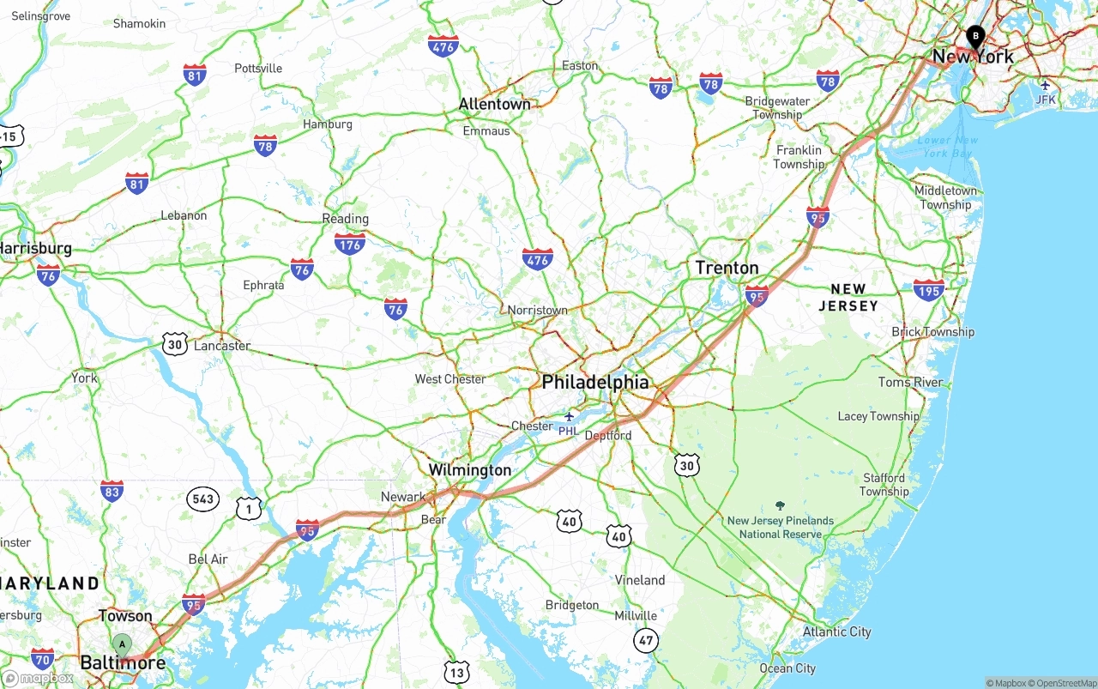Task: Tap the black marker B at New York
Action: [x=974, y=36]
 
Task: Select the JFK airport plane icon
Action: [x=1045, y=85]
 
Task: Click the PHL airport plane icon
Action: [x=569, y=417]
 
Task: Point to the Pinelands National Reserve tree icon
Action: [x=780, y=506]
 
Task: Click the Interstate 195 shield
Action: [x=928, y=289]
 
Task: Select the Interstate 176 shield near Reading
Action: [x=350, y=243]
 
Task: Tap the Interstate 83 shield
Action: [x=112, y=490]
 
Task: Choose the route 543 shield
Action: [x=202, y=499]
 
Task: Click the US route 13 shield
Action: [x=457, y=672]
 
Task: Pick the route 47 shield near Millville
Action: [x=647, y=639]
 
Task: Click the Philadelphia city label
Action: [x=595, y=382]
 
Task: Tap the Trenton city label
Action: [x=727, y=268]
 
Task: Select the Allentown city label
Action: [x=494, y=104]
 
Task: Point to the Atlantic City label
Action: [x=836, y=632]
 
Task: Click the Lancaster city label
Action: [x=222, y=346]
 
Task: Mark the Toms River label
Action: [x=910, y=382]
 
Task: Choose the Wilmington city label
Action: [x=469, y=470]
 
